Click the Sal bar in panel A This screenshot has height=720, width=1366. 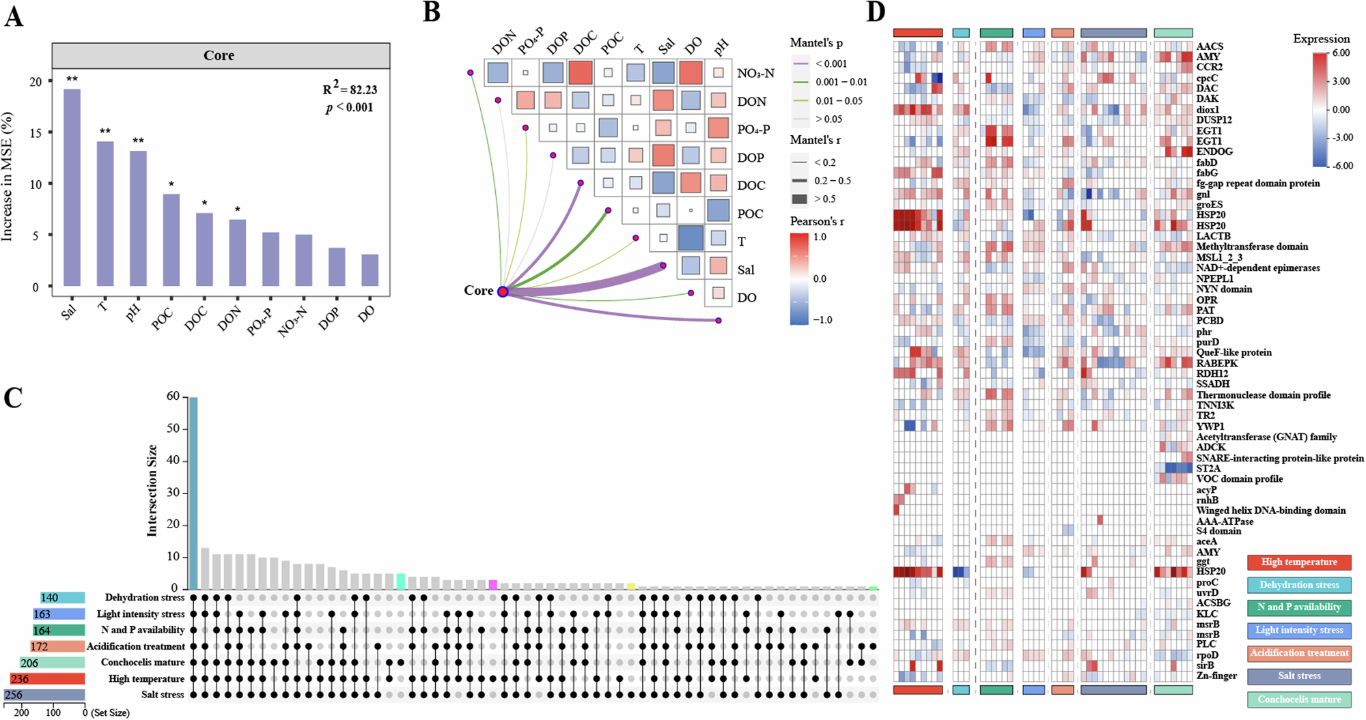point(72,188)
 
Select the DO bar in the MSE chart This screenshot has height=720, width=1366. point(370,270)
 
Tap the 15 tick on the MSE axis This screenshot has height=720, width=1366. point(36,133)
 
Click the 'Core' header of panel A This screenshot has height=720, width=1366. point(219,56)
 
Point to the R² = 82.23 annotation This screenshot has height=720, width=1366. point(350,89)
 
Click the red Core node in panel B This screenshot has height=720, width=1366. point(503,292)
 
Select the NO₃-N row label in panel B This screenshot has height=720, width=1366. point(755,74)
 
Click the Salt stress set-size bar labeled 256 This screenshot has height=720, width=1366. point(44,695)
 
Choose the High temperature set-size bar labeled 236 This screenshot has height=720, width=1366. point(48,679)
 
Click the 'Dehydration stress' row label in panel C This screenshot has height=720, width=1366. point(145,598)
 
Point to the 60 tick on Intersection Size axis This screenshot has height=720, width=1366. point(173,397)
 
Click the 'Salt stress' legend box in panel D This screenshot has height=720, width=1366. point(1299,676)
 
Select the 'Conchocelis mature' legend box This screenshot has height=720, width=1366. point(1299,700)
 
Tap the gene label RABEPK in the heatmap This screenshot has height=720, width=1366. point(1217,363)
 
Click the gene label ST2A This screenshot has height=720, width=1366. point(1208,468)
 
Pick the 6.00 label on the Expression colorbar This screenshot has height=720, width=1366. point(1341,53)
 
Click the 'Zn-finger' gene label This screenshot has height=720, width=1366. point(1216,676)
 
